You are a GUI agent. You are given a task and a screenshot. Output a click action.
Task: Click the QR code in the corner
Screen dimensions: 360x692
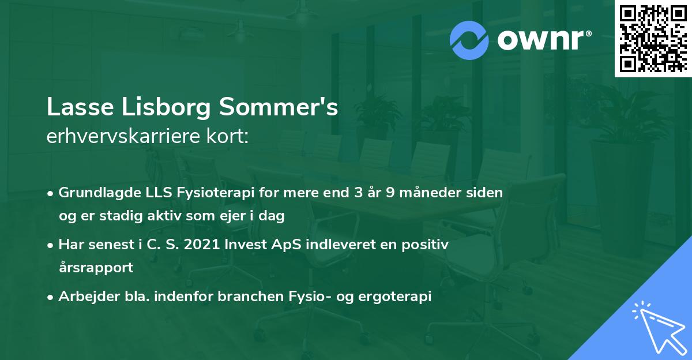coord(653,39)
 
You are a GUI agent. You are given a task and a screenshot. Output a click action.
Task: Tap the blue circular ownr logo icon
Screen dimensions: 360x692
coord(469,40)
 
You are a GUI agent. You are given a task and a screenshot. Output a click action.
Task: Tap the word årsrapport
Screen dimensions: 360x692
coord(96,268)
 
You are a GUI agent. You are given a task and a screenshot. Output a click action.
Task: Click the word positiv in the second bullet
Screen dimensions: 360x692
coord(426,245)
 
